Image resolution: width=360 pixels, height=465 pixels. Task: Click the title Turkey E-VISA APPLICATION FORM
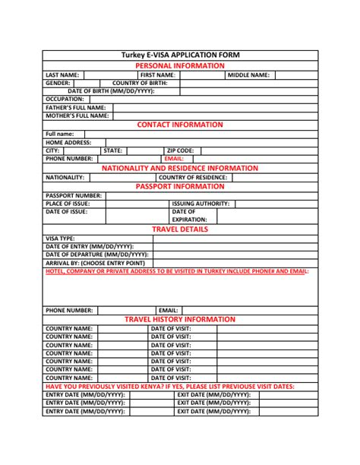179,55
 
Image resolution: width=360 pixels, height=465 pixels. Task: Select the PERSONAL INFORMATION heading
179,65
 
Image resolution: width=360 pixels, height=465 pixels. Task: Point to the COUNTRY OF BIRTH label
139,83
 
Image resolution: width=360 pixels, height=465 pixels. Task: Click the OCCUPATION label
65,99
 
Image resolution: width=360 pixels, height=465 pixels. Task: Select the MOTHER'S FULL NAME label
76,115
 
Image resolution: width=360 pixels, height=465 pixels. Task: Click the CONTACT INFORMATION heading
179,125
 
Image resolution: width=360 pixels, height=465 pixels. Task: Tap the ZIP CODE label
181,150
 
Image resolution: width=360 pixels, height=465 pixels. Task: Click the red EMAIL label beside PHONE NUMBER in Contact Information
174,159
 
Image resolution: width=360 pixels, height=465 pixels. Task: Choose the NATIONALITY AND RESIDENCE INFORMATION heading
179,168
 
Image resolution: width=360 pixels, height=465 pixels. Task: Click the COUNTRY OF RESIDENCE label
193,177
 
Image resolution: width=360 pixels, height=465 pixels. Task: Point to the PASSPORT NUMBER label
73,195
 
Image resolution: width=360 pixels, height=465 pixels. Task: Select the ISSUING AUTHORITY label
201,204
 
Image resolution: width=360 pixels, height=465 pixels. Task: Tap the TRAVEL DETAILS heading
179,229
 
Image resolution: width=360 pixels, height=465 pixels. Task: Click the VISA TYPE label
60,238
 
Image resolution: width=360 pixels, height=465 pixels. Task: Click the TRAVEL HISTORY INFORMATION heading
179,319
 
